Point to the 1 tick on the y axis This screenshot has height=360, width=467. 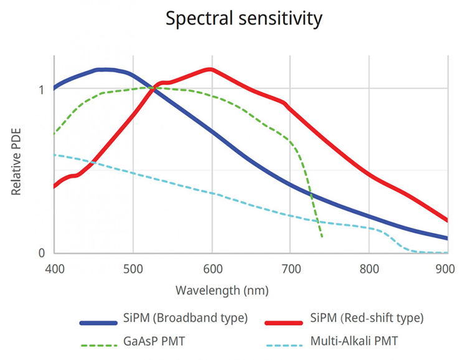[42, 89]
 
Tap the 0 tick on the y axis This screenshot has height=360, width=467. [42, 253]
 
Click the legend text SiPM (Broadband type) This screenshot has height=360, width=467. [184, 318]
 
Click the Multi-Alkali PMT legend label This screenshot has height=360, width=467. [355, 341]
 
